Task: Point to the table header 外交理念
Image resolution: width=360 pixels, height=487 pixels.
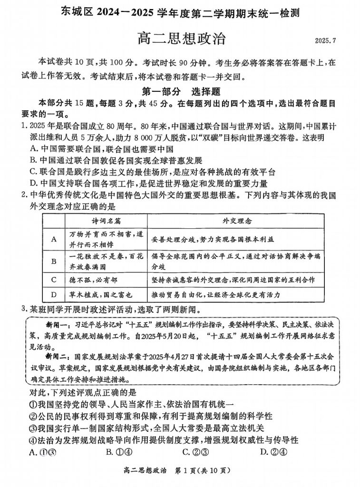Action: pos(236,222)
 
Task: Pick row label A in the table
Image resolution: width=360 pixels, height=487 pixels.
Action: pos(54,239)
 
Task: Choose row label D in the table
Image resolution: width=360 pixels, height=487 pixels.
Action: pos(54,295)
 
